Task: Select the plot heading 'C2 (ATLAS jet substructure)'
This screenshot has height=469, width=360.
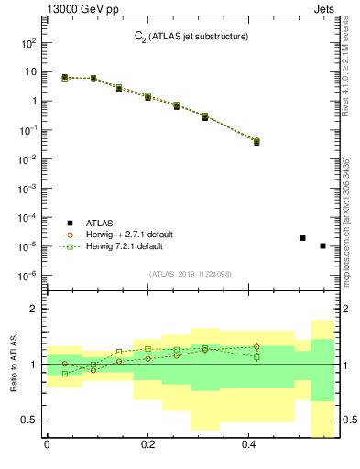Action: [185, 37]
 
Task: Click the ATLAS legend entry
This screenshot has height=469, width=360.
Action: [98, 223]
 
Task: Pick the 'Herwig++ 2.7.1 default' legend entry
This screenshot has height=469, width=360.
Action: [123, 234]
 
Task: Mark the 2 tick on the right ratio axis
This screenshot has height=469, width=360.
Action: [344, 310]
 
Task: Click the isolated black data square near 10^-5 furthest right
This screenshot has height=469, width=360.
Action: [322, 245]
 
